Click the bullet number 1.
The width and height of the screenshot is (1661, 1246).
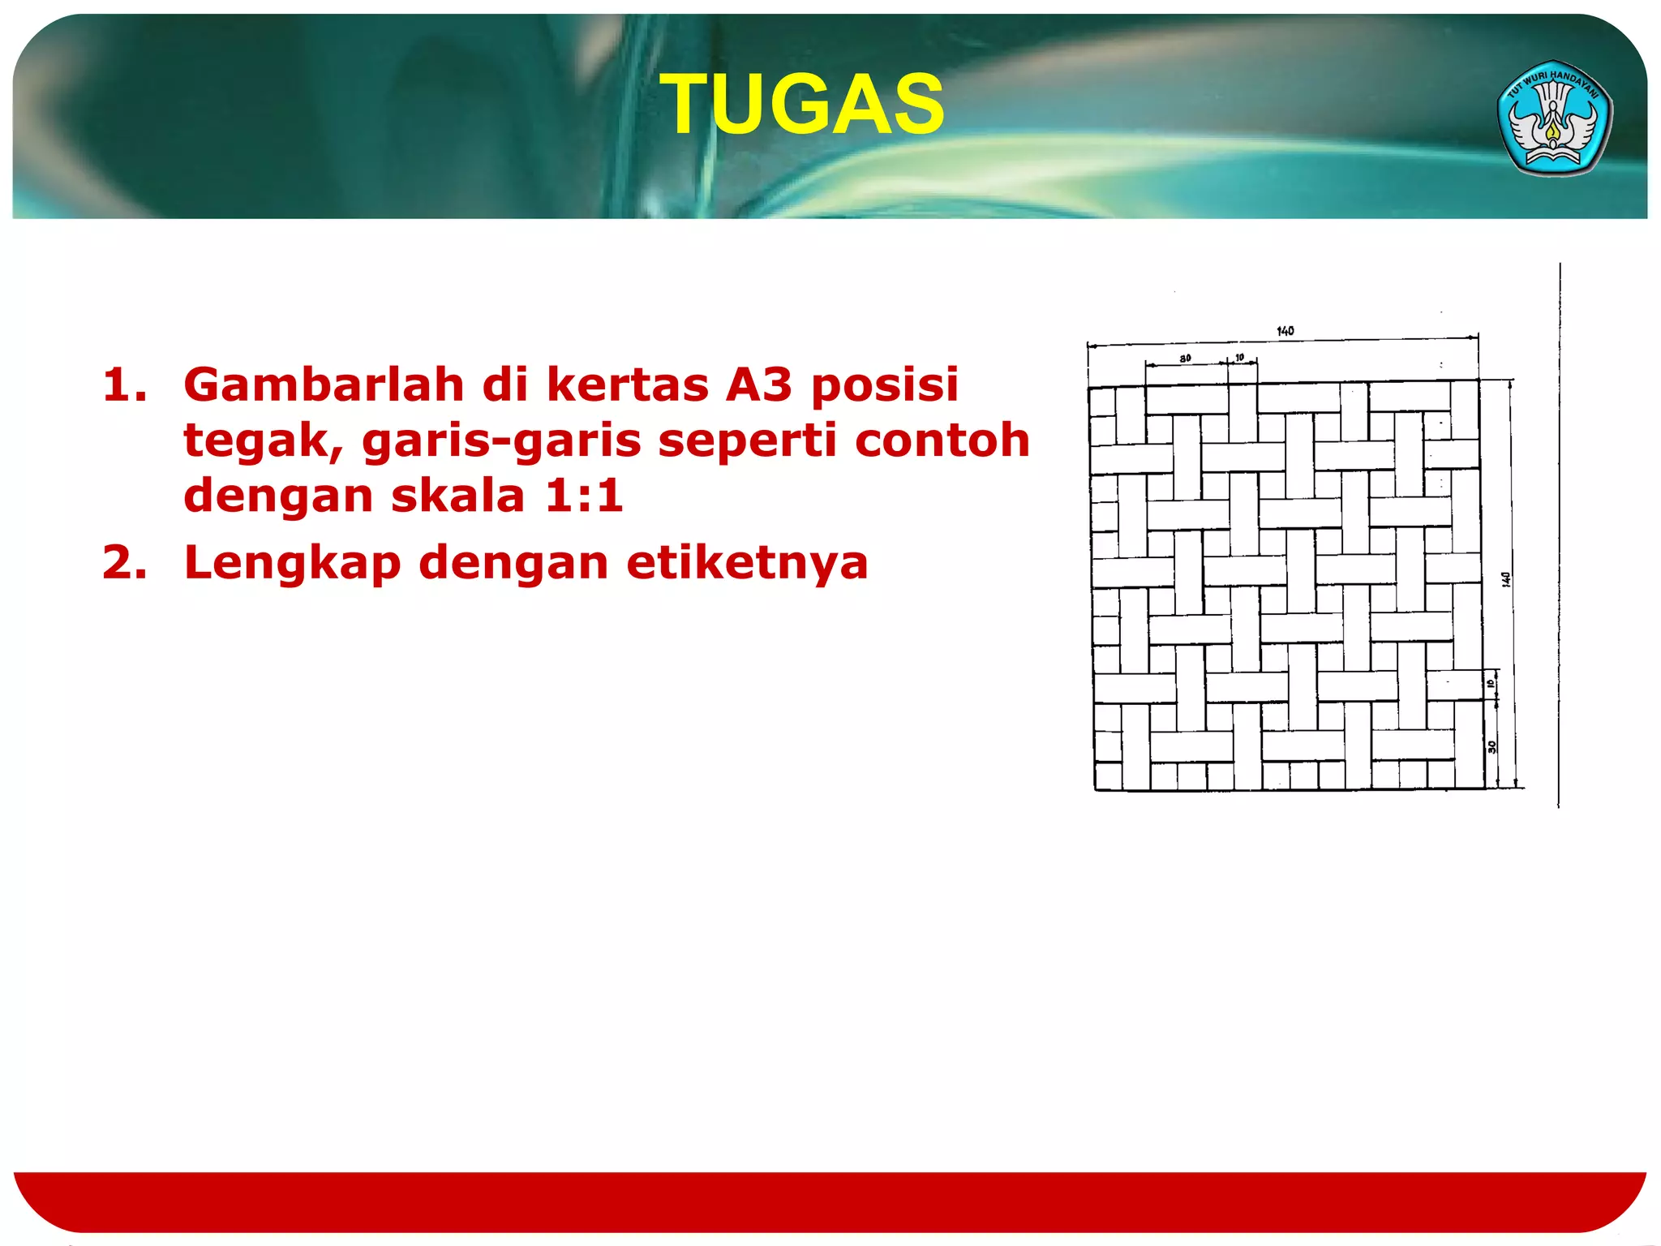[x=125, y=385]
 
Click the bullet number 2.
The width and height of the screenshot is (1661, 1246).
[x=125, y=563]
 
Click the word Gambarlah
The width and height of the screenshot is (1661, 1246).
[x=323, y=385]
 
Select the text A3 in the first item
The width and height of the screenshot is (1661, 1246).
[x=758, y=385]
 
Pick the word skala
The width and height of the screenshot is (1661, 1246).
[x=457, y=495]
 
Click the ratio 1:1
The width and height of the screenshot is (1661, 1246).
[x=583, y=495]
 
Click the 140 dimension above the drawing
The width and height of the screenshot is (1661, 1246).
[x=1285, y=331]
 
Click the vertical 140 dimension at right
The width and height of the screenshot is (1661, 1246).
[x=1505, y=579]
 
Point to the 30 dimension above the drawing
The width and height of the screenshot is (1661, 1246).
[x=1185, y=358]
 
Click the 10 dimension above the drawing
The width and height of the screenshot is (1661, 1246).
[x=1239, y=357]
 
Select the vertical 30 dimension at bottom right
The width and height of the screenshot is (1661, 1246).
[x=1491, y=747]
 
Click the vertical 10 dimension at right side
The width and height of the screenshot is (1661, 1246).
[x=1491, y=684]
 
